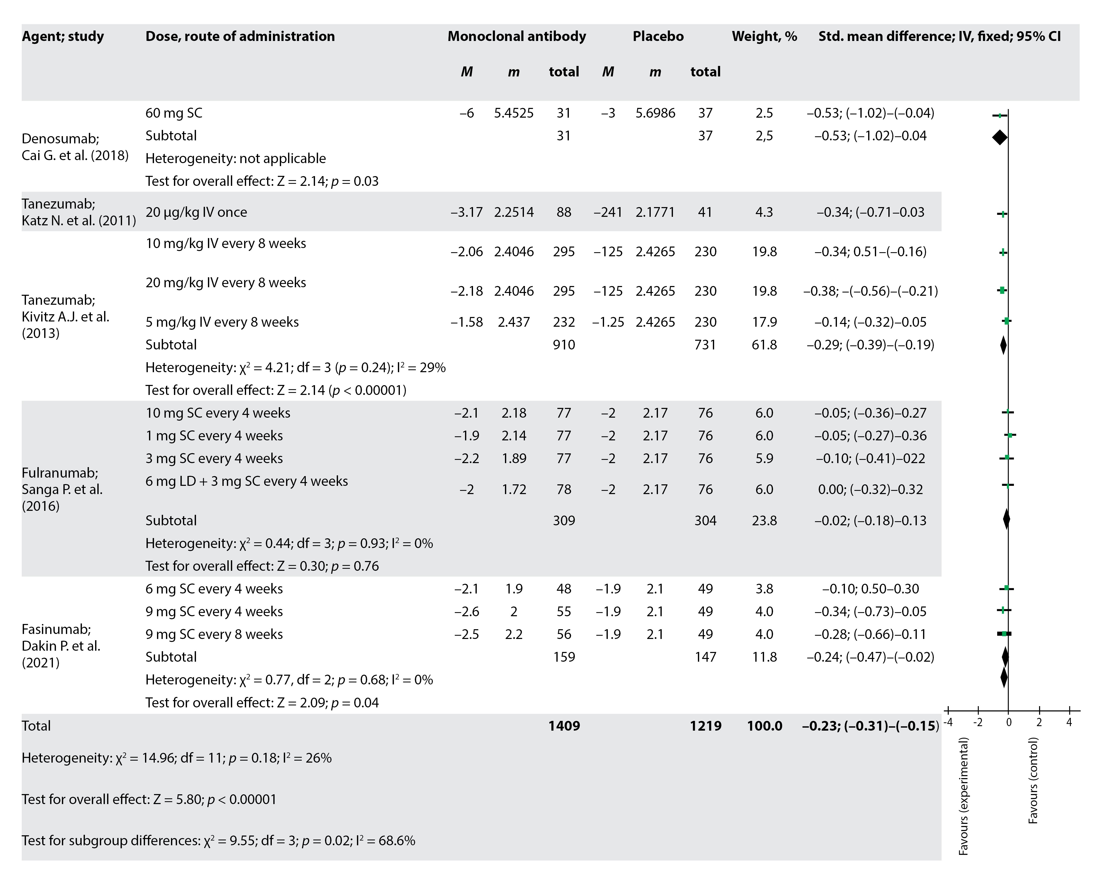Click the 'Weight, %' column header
pos(764,36)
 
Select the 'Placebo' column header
pos(658,36)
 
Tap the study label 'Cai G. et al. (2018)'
pos(75,155)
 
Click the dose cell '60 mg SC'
pos(174,113)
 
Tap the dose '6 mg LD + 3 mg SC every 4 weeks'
pos(246,481)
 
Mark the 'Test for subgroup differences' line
pos(218,840)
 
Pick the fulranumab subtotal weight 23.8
pos(764,520)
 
